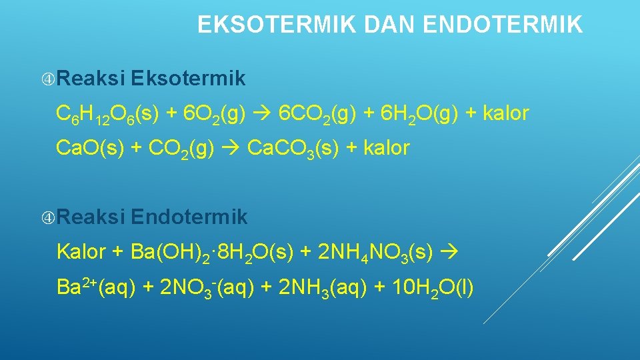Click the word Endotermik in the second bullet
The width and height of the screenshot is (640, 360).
[x=189, y=217]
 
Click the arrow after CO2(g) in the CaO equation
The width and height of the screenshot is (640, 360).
[x=231, y=148]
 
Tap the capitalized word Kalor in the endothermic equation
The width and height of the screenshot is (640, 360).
[x=81, y=252]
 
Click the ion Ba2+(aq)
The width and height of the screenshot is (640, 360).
[x=97, y=288]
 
